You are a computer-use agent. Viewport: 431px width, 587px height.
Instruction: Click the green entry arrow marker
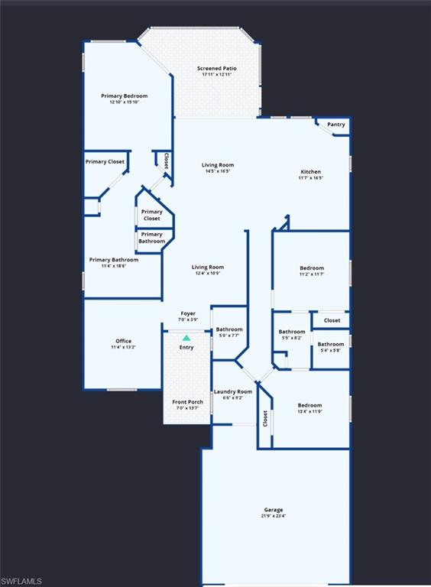click(186, 337)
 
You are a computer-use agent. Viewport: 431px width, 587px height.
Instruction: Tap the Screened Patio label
click(217, 69)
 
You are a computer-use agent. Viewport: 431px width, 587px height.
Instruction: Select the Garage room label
click(274, 510)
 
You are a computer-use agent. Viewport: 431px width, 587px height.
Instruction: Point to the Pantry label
click(336, 125)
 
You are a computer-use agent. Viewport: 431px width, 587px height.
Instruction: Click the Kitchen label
click(310, 172)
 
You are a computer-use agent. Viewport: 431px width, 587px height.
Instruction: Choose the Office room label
click(123, 341)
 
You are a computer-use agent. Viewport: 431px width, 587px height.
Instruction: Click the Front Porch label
click(187, 402)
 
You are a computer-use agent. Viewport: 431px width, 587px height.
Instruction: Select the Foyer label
click(188, 313)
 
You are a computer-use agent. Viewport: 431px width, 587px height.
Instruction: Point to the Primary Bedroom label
click(125, 96)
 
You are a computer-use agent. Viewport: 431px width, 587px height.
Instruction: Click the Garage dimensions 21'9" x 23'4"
click(274, 516)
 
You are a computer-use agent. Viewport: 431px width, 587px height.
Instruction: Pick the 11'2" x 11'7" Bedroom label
click(312, 268)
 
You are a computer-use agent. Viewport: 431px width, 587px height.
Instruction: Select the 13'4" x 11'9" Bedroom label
click(309, 405)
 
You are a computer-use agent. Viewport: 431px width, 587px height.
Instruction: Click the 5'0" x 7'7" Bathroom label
click(229, 329)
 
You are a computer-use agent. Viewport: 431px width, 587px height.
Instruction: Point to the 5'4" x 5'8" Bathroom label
click(331, 344)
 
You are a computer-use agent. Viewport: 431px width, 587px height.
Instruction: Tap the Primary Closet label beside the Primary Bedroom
click(105, 161)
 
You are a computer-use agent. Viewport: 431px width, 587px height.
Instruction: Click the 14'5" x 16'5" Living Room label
click(218, 165)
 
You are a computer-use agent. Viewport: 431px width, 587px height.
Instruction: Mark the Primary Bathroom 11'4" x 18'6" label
click(114, 260)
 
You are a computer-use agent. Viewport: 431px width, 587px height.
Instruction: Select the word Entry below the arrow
click(186, 348)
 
